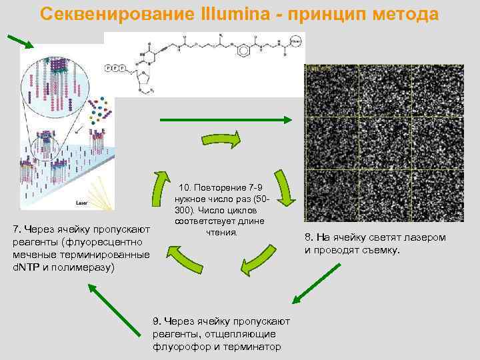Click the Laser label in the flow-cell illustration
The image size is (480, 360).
tap(83, 201)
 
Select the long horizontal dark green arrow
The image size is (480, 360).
tap(225, 120)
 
